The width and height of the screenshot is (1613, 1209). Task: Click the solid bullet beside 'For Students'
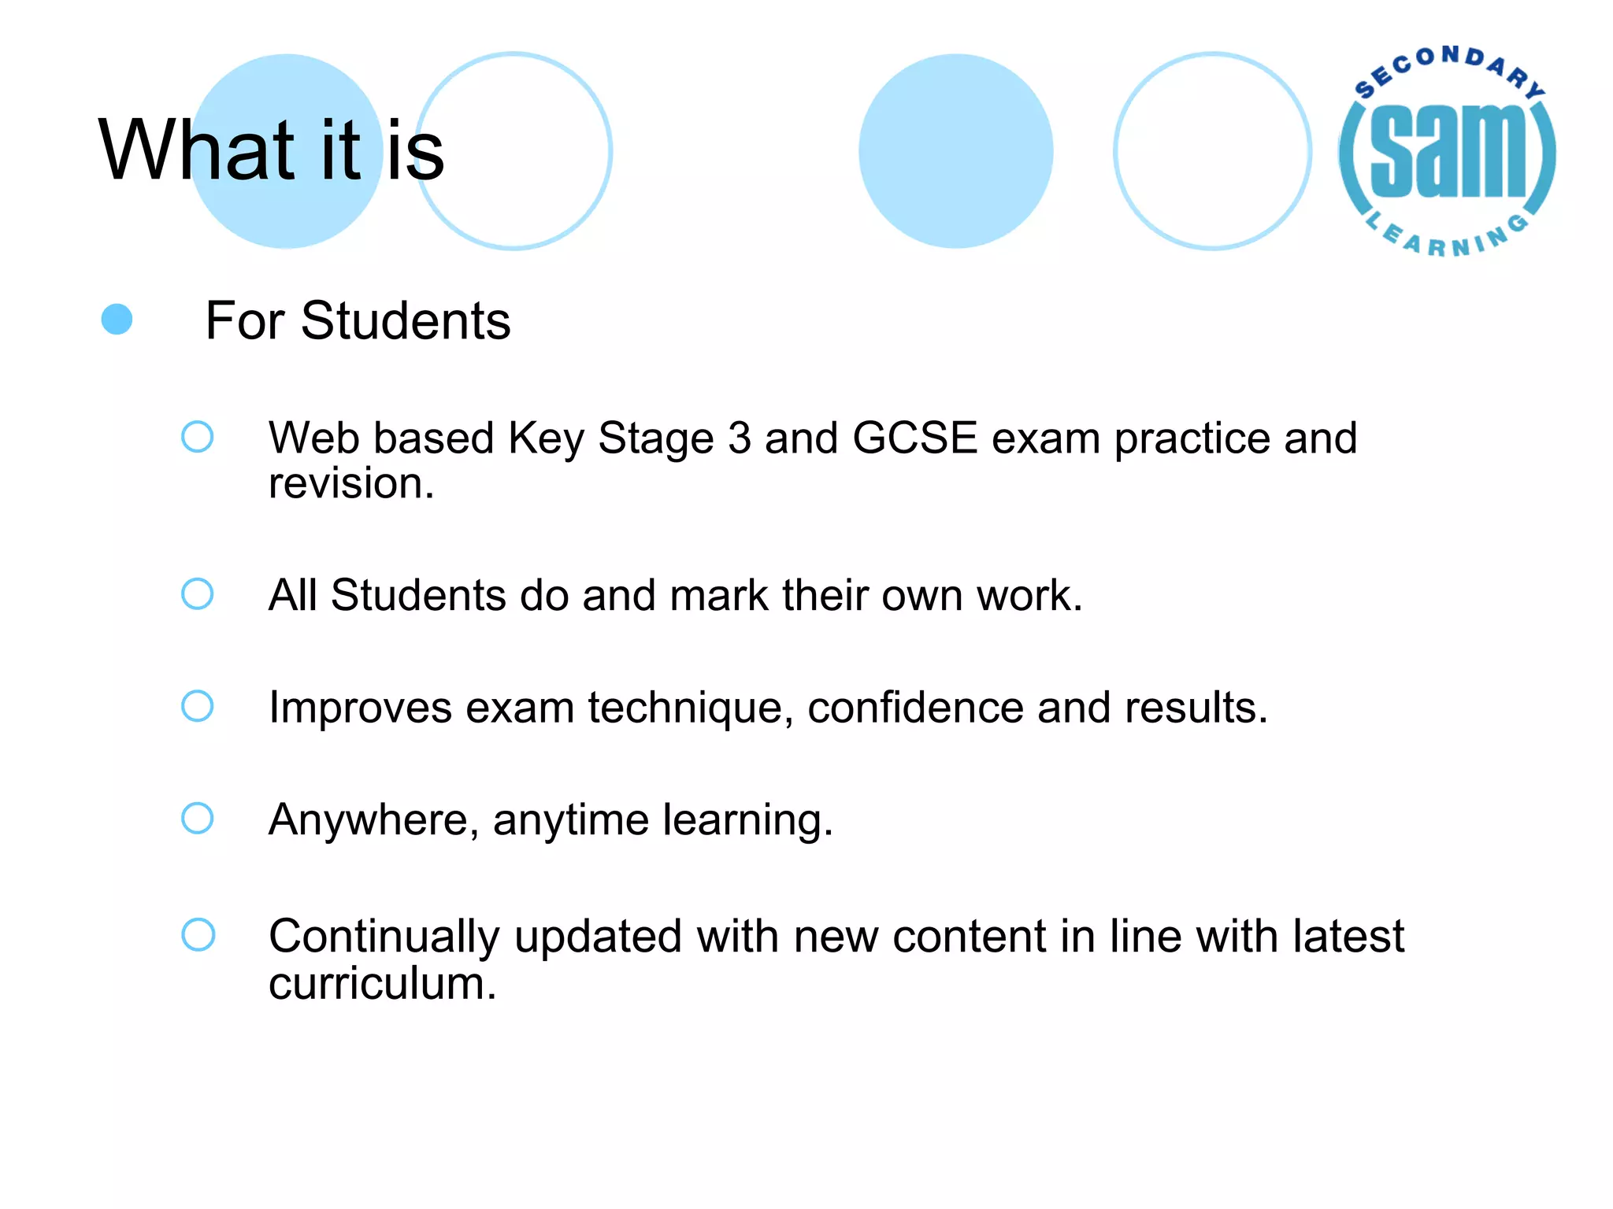[117, 320]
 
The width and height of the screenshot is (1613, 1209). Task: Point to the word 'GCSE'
[914, 438]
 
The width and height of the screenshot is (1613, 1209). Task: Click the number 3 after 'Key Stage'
[739, 438]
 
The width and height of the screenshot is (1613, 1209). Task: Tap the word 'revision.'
[351, 483]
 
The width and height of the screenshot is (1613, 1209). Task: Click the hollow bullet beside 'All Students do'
[197, 594]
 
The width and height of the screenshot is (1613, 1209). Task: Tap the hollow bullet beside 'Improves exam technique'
[197, 706]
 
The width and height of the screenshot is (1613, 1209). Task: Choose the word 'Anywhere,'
[373, 820]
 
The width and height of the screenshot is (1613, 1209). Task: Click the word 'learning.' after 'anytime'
[747, 820]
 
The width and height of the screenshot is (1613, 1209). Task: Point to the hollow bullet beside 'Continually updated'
[198, 935]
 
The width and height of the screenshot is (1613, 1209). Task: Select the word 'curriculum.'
[383, 984]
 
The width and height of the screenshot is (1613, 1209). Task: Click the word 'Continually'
[384, 937]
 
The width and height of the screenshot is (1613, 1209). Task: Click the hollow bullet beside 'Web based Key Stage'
[197, 437]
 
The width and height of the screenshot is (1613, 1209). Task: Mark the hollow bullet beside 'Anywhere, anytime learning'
[197, 818]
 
